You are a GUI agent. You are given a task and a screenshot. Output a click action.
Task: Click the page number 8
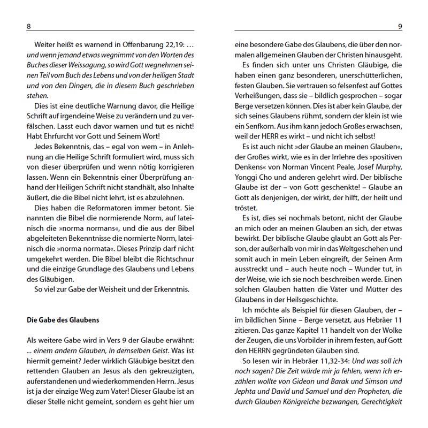click(x=28, y=26)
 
